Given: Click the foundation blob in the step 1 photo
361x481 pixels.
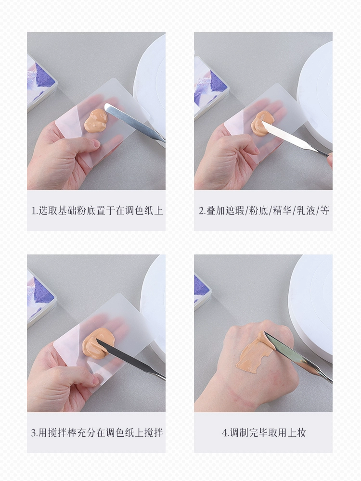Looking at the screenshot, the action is [x=95, y=121].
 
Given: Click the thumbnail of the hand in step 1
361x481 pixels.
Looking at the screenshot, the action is [x=96, y=144].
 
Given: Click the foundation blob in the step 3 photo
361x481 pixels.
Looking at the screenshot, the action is [x=98, y=341].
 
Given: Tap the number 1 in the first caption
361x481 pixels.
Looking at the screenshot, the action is [x=34, y=211].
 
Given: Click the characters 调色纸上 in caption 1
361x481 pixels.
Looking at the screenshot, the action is [x=143, y=211].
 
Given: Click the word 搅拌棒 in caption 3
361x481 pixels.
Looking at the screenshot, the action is [x=63, y=432].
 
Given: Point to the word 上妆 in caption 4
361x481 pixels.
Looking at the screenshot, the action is [x=297, y=432].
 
